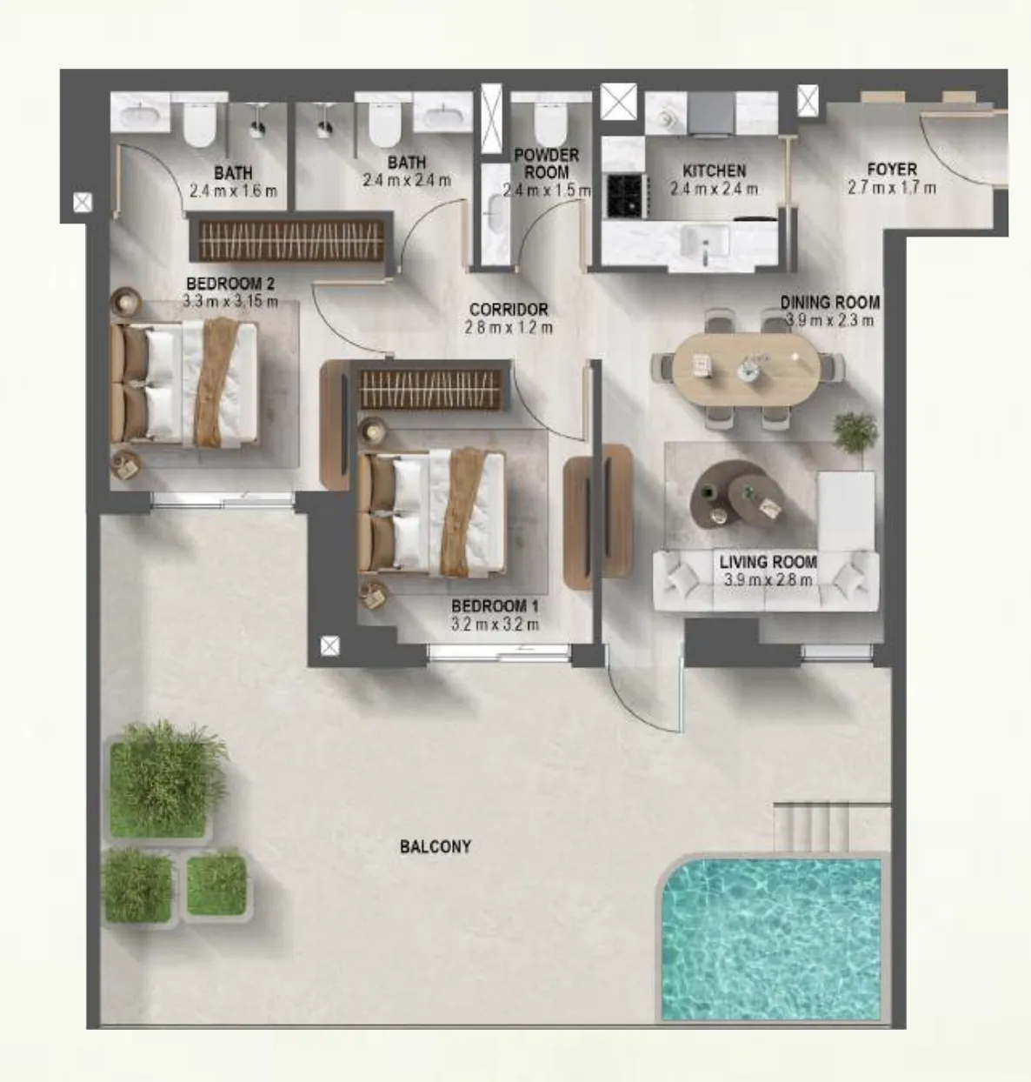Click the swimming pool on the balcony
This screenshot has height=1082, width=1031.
point(771,941)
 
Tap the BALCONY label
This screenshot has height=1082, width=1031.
point(436,846)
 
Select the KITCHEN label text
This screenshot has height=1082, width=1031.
point(714,171)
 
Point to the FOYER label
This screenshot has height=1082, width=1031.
point(892,170)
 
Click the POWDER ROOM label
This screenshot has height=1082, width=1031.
point(546,164)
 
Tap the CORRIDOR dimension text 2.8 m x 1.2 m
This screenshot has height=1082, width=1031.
point(509,328)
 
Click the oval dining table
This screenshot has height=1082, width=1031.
point(746,368)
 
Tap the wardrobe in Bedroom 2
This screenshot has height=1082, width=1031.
point(290,239)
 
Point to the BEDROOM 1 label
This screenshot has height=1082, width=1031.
point(495,605)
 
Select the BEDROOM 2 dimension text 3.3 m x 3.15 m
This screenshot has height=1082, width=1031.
point(230,302)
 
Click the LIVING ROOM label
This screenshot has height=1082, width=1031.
point(768,562)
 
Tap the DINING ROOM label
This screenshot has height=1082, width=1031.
point(829,303)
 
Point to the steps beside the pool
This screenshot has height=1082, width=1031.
point(813,827)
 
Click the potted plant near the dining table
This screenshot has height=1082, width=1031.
point(855,431)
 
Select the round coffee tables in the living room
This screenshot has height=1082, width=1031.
point(735,496)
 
